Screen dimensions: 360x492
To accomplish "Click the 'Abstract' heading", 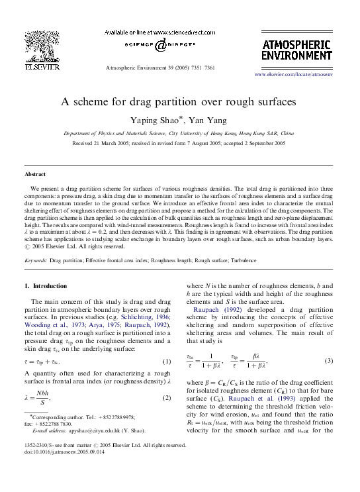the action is coord(35,173).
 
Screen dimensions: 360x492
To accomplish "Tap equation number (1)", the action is coord(167,362).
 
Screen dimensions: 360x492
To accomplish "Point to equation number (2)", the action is coord(167,399).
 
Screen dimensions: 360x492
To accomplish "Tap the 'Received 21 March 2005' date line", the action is coord(179,142).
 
